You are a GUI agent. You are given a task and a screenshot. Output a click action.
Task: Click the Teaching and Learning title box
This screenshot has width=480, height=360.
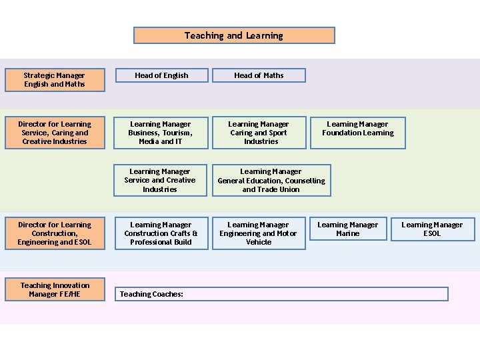pyautogui.click(x=234, y=35)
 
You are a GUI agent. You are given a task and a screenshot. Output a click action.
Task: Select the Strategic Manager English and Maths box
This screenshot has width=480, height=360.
pyautogui.click(x=55, y=80)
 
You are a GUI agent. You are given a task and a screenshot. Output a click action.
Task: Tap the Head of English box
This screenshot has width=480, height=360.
pyautogui.click(x=161, y=75)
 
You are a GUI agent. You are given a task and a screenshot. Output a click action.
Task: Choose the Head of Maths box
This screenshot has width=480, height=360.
pyautogui.click(x=259, y=75)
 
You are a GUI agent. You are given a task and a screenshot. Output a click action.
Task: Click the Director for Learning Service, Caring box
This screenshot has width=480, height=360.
pyautogui.click(x=55, y=133)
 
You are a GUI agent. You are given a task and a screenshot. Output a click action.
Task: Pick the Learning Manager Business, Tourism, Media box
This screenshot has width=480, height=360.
pyautogui.click(x=160, y=133)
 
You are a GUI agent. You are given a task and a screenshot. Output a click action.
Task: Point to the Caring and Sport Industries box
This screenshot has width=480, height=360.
pyautogui.click(x=259, y=133)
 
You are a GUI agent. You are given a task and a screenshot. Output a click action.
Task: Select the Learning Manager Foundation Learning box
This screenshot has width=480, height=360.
pyautogui.click(x=358, y=129)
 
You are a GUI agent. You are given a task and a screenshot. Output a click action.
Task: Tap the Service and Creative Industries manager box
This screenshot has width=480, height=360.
pyautogui.click(x=160, y=180)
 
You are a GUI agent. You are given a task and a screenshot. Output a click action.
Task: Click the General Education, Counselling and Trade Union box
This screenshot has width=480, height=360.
pyautogui.click(x=271, y=180)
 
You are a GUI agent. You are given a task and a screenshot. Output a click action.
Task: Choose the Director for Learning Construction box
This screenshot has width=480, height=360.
pyautogui.click(x=55, y=233)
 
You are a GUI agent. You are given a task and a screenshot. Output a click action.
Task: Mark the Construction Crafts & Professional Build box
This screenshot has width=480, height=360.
pyautogui.click(x=161, y=233)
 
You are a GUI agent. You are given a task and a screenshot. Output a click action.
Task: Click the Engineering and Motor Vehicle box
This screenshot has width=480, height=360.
pyautogui.click(x=259, y=233)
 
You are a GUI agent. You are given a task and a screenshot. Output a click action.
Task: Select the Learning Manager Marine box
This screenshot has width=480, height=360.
pyautogui.click(x=347, y=229)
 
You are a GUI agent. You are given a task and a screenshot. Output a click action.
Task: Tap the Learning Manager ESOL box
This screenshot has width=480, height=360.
pyautogui.click(x=432, y=229)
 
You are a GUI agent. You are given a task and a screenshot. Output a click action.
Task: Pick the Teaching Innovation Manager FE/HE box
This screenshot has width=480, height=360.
pyautogui.click(x=55, y=289)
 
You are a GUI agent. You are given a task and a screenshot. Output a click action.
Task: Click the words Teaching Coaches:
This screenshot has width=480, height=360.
pyautogui.click(x=151, y=294)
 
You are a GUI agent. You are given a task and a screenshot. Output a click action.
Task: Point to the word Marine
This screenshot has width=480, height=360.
pyautogui.click(x=347, y=234)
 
